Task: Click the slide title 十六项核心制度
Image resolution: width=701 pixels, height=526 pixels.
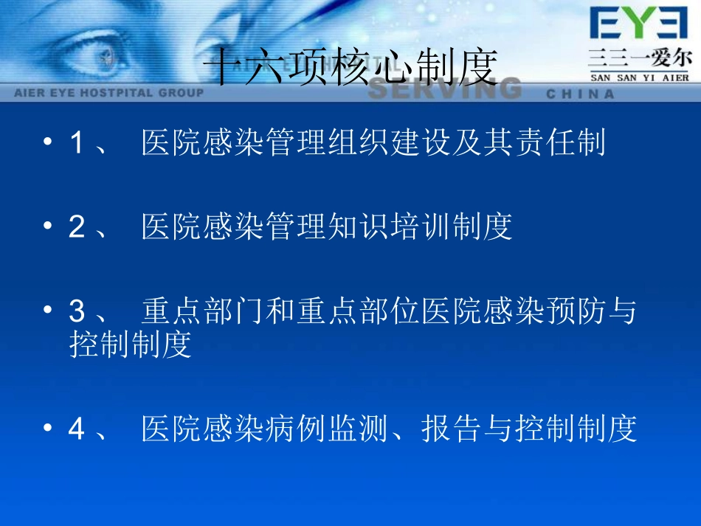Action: (x=350, y=69)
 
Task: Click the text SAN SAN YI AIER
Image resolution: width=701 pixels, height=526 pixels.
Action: (x=639, y=77)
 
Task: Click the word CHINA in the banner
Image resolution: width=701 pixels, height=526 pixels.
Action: (x=581, y=94)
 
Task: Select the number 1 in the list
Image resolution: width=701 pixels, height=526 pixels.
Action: (x=76, y=143)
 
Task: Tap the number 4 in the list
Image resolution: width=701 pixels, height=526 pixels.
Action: (x=76, y=429)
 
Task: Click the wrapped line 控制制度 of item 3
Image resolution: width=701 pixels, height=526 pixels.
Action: (x=131, y=345)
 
